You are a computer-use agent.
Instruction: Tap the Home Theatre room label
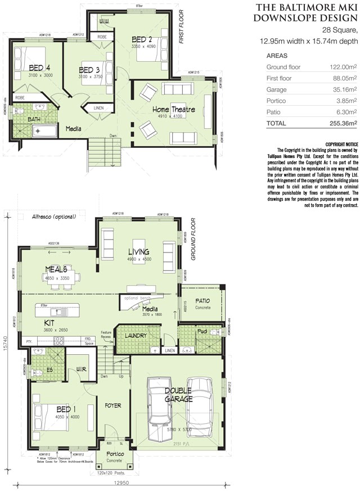(x=174, y=109)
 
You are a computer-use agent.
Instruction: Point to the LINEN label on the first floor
(x=99, y=108)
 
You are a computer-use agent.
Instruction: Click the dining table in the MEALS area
(x=60, y=278)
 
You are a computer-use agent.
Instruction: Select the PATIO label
(x=203, y=301)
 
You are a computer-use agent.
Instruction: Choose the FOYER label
(x=113, y=405)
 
